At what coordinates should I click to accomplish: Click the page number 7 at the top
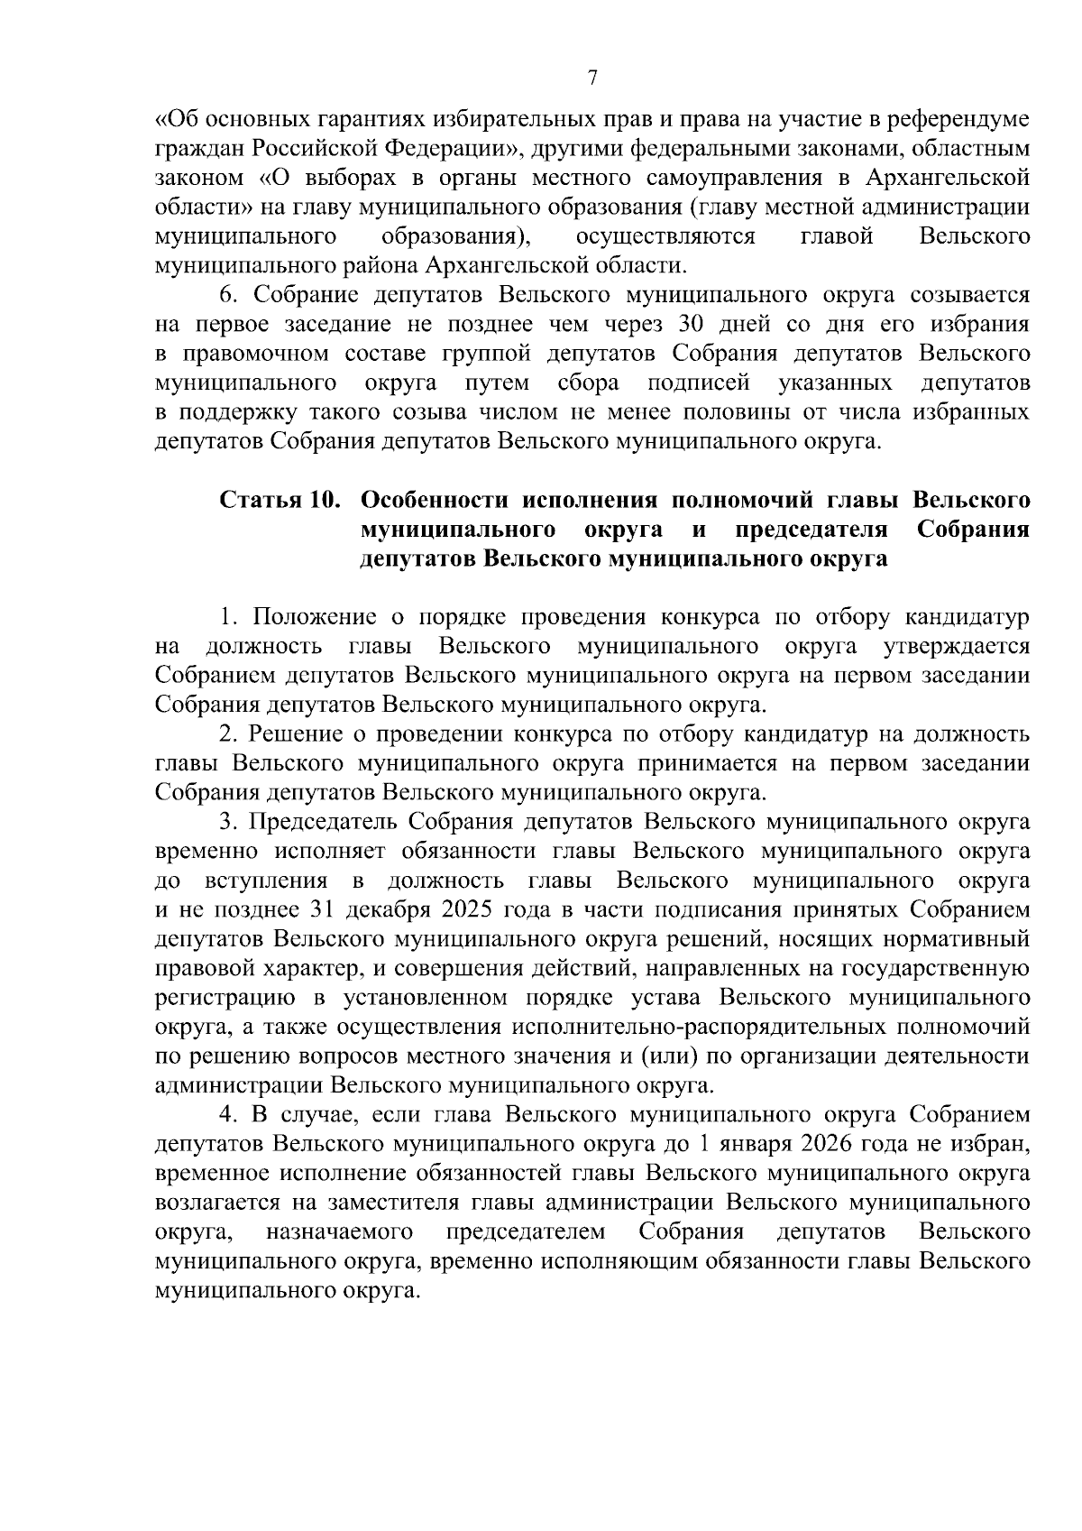point(592,78)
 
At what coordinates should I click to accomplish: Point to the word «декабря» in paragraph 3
point(399,909)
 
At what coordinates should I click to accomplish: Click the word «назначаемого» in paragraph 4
point(340,1232)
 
